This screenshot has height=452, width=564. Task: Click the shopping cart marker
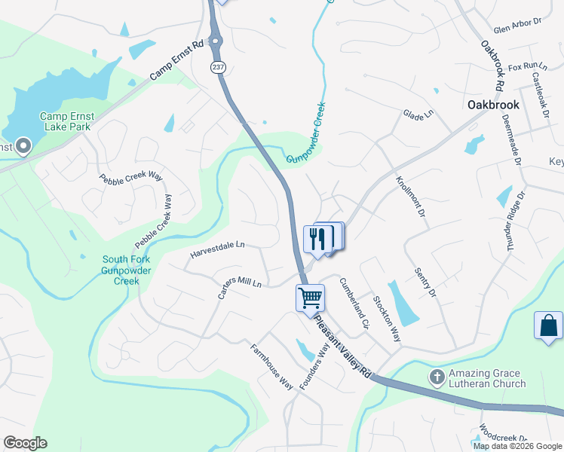[x=310, y=298]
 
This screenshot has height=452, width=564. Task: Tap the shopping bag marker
[x=548, y=325]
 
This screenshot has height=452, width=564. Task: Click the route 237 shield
[x=217, y=68]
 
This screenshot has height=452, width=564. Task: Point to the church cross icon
[x=437, y=375]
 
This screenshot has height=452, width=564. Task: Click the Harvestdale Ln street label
[x=219, y=246]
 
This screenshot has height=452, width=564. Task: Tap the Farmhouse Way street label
[x=271, y=367]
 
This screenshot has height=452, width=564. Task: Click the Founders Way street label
[x=314, y=365]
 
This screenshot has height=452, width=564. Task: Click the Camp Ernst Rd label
[x=177, y=60]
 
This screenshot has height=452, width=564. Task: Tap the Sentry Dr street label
[x=425, y=282]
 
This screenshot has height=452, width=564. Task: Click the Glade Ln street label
[x=418, y=114]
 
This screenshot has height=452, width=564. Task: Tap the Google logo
[x=25, y=443]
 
